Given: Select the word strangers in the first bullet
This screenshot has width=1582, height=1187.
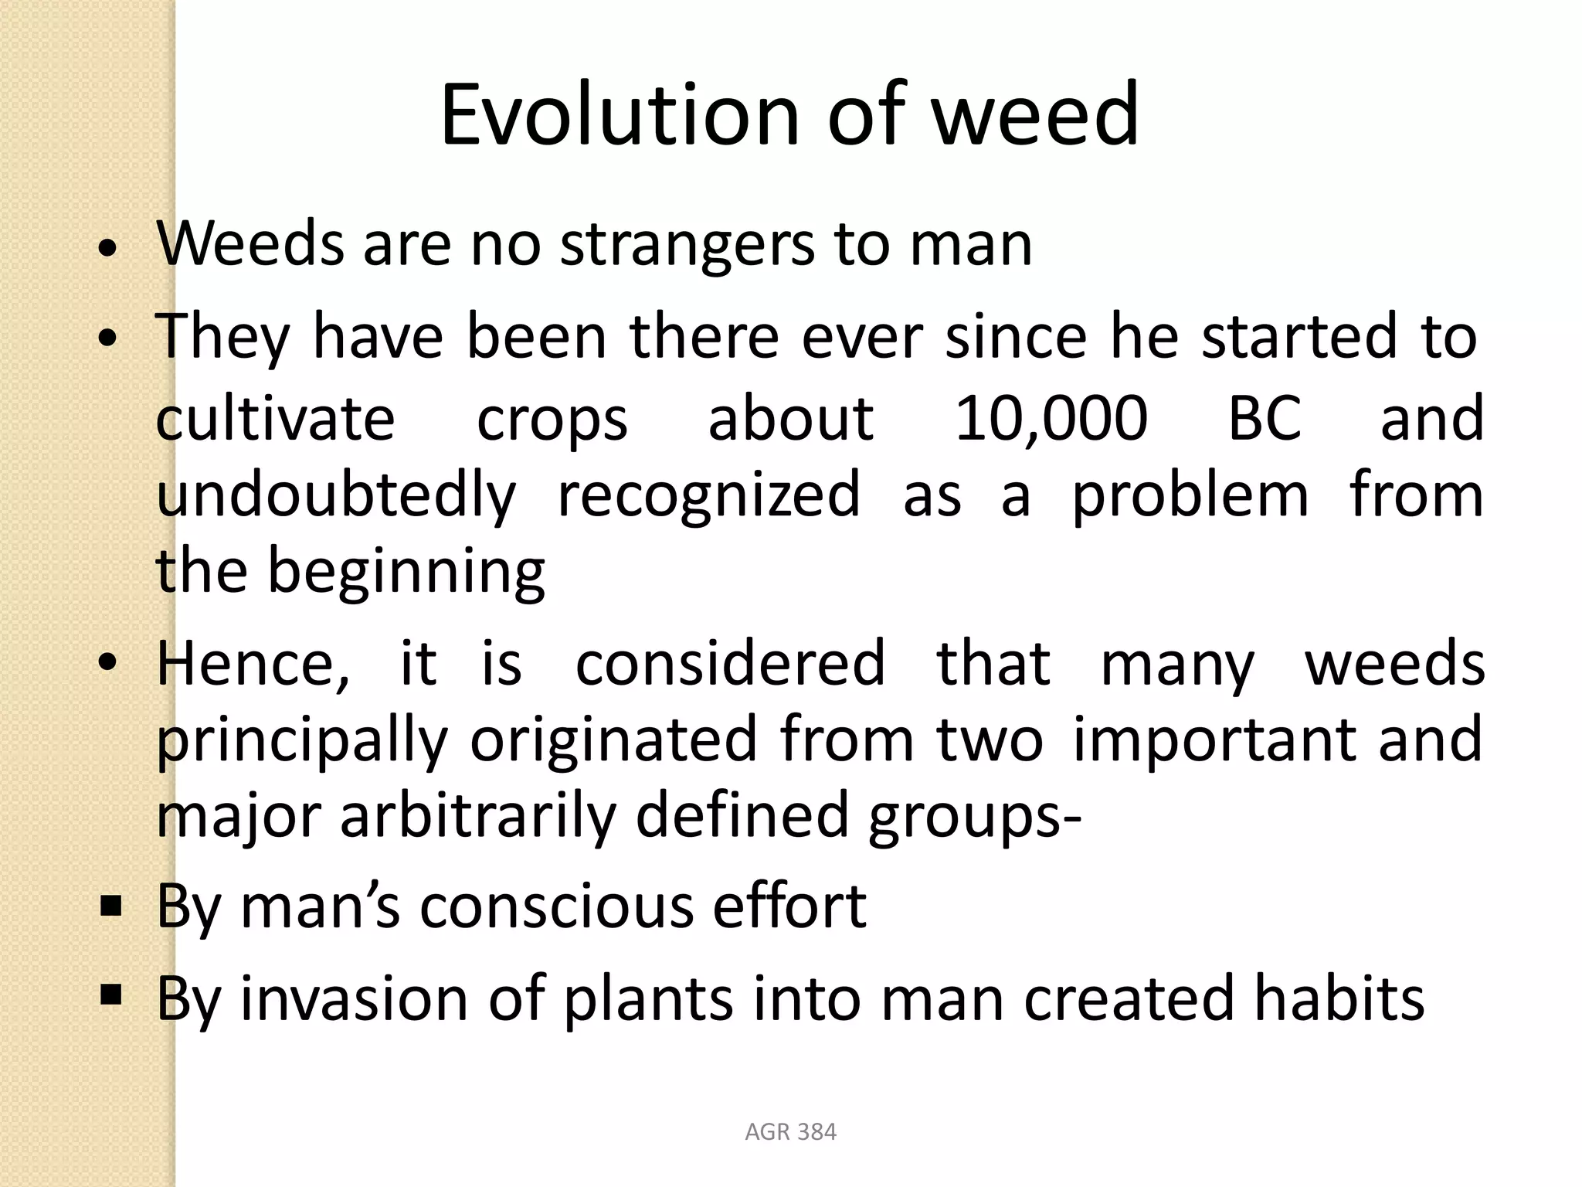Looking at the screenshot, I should [x=687, y=246].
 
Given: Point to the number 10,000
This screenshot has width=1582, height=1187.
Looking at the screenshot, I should [x=1051, y=418].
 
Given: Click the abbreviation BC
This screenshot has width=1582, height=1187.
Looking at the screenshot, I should [x=1265, y=418].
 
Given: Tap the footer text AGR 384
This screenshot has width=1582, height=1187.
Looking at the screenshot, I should [x=790, y=1132].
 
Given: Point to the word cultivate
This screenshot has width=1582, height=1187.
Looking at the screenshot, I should [x=276, y=418].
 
